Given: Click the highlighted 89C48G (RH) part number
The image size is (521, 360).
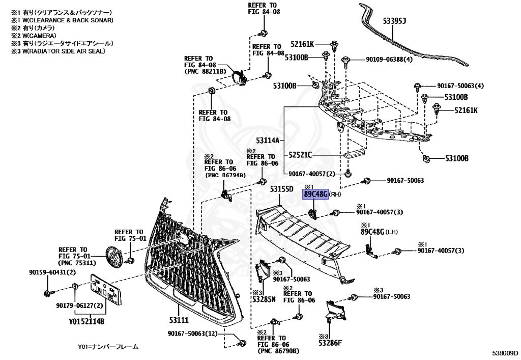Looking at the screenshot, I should coord(315,194).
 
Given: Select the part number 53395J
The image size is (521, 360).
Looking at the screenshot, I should coord(394,20).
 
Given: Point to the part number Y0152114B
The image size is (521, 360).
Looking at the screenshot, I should coord(86,321).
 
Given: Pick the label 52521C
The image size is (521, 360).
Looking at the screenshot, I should coord(300,155).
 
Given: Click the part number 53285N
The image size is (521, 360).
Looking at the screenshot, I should coord(264,299).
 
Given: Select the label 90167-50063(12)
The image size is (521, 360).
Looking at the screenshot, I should coord(193,334).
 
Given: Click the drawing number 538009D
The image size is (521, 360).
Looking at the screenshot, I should coord(504,352).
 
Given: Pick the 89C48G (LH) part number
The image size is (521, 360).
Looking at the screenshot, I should coord(373,232).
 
